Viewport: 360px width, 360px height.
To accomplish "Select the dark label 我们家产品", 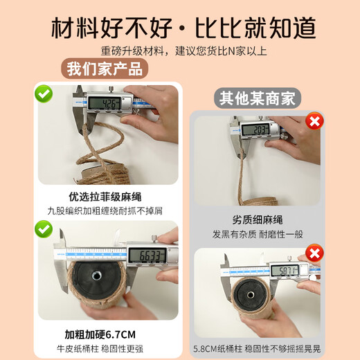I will coord(105,69).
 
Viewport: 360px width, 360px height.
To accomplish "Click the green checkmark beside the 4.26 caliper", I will coord(44,92).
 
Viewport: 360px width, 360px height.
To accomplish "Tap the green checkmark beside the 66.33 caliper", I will coord(44,229).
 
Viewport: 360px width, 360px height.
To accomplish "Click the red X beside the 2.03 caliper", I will coord(316,122).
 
